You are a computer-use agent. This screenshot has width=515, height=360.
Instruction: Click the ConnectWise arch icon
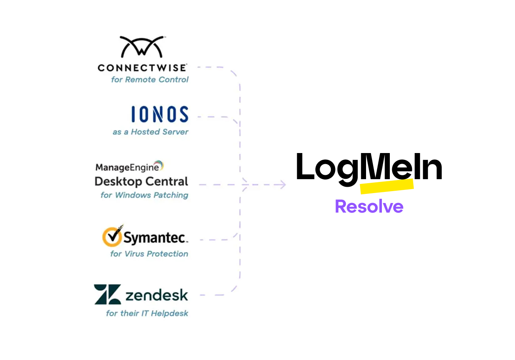pos(142,47)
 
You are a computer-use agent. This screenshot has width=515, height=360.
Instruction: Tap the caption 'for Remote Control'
pos(150,80)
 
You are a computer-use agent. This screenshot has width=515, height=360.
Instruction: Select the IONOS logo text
pos(160,115)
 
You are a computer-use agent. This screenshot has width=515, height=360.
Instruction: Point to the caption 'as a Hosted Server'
pos(151,132)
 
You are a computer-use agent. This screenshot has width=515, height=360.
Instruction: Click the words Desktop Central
pos(141,182)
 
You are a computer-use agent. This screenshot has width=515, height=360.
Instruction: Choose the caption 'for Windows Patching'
pos(144,195)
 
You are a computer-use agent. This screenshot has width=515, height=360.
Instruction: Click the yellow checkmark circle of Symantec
pos(112,237)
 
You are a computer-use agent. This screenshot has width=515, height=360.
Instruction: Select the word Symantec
pos(155,238)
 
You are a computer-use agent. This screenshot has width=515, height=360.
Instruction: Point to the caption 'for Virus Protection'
pos(149,254)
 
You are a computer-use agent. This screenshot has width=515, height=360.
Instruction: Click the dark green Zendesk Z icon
pos(107,295)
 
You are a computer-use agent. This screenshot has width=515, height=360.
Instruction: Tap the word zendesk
pos(156,295)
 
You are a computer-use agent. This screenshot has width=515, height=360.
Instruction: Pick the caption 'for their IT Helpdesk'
pos(147,313)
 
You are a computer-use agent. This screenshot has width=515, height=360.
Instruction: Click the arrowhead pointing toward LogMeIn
pos(282,185)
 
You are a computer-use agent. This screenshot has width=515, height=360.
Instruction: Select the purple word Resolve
pos(369,207)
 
